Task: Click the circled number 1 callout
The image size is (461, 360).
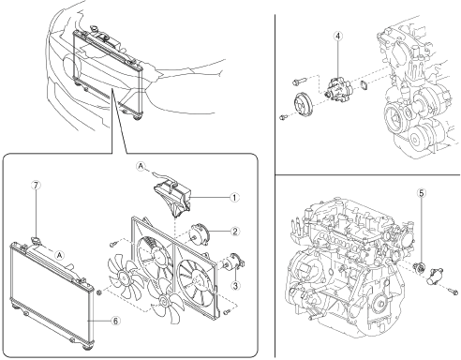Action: tap(234, 198)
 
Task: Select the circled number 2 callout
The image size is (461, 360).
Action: tap(235, 232)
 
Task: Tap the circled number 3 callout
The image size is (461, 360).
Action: tap(235, 285)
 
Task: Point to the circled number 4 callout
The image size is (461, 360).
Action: tap(337, 36)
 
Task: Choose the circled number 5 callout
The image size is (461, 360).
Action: tap(422, 193)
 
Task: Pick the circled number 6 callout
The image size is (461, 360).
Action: tap(115, 321)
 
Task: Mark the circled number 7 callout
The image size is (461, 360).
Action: tap(36, 186)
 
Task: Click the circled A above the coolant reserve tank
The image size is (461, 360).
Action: tap(141, 166)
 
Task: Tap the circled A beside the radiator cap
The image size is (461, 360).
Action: tap(60, 255)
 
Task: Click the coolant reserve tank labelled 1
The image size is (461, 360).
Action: tap(172, 198)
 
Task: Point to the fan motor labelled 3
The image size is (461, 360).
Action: tap(233, 262)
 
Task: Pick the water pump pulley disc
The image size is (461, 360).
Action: tap(303, 103)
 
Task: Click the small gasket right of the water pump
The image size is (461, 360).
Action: tap(364, 84)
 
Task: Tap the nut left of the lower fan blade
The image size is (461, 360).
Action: tap(99, 292)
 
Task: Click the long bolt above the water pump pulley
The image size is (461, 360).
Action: tap(299, 82)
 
